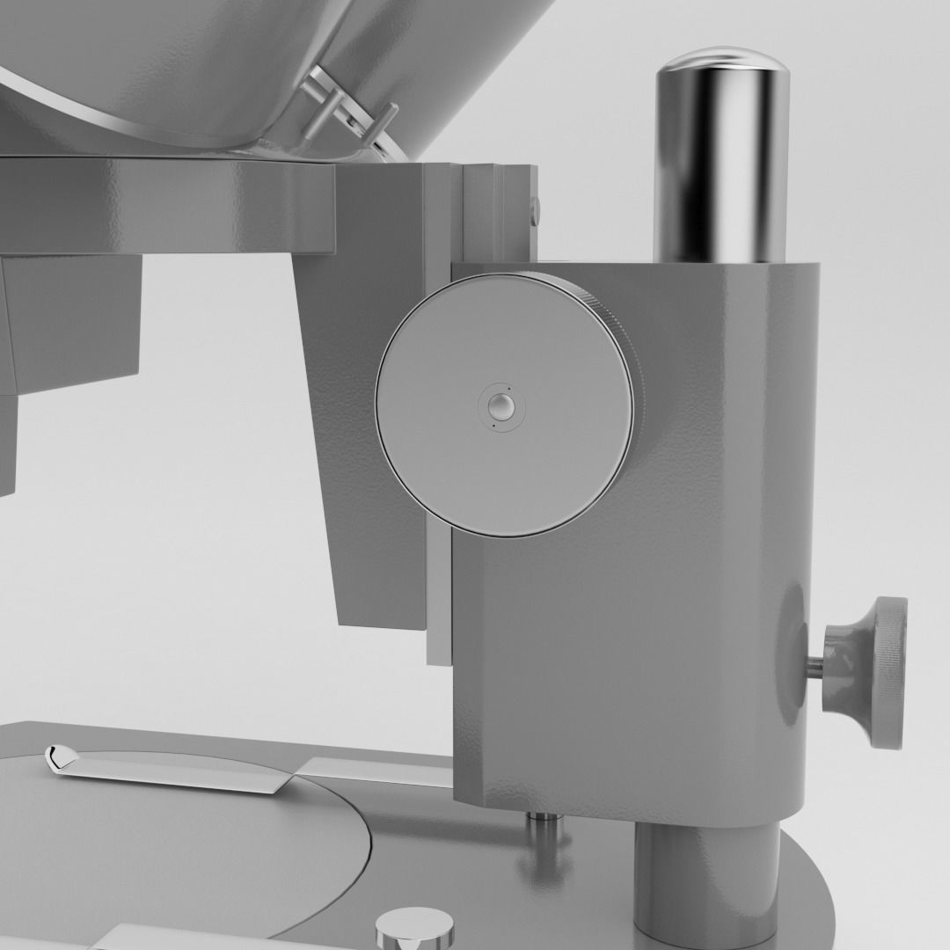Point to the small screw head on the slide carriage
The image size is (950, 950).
pos(535,208)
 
